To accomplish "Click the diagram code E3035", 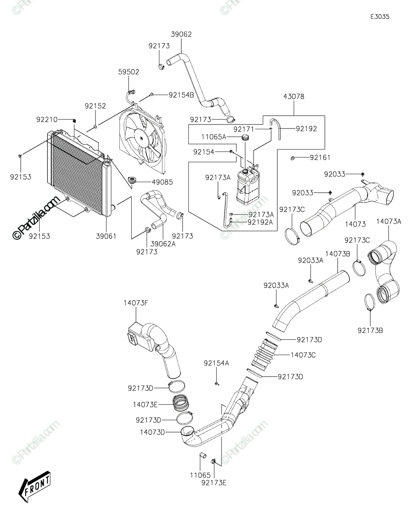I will (x=380, y=17).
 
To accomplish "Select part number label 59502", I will (x=128, y=71).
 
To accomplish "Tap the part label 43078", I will (x=294, y=96).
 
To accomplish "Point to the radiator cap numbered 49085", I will (x=132, y=180).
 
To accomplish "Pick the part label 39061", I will (x=106, y=236).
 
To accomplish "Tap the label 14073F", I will (x=136, y=303).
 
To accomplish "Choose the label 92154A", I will (x=217, y=363).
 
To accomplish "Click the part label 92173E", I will (x=214, y=482).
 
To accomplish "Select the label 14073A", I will (x=389, y=222).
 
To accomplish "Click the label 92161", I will (x=320, y=158).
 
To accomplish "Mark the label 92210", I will (x=47, y=119).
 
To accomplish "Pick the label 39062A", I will (x=163, y=243).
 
